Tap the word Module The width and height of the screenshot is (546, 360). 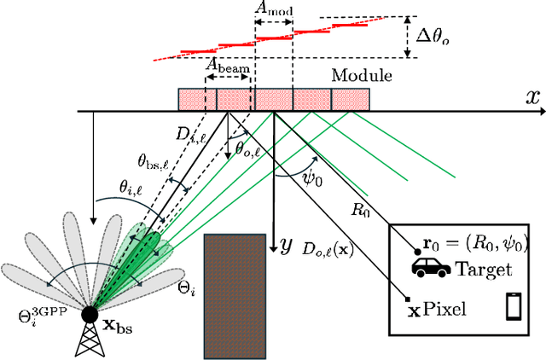362,76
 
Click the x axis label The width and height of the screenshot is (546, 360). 532,96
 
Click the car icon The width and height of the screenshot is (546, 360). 432,269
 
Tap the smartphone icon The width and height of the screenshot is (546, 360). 514,305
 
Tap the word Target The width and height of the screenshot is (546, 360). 485,270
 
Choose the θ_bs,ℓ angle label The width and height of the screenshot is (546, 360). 155,158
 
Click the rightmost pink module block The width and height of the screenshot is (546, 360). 350,99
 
